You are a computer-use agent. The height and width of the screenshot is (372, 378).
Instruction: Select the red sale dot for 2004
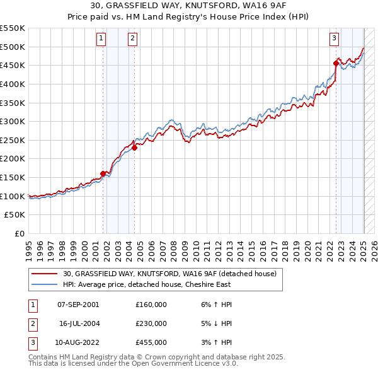click(x=135, y=148)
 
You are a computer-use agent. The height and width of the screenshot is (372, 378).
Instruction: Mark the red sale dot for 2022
click(x=336, y=63)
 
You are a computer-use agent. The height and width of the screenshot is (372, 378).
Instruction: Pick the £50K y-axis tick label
click(x=15, y=215)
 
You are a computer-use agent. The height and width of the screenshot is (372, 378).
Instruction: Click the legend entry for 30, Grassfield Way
click(x=169, y=274)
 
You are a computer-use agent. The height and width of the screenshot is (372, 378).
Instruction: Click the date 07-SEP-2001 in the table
click(x=78, y=305)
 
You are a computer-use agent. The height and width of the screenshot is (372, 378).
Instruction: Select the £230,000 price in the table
click(x=151, y=323)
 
